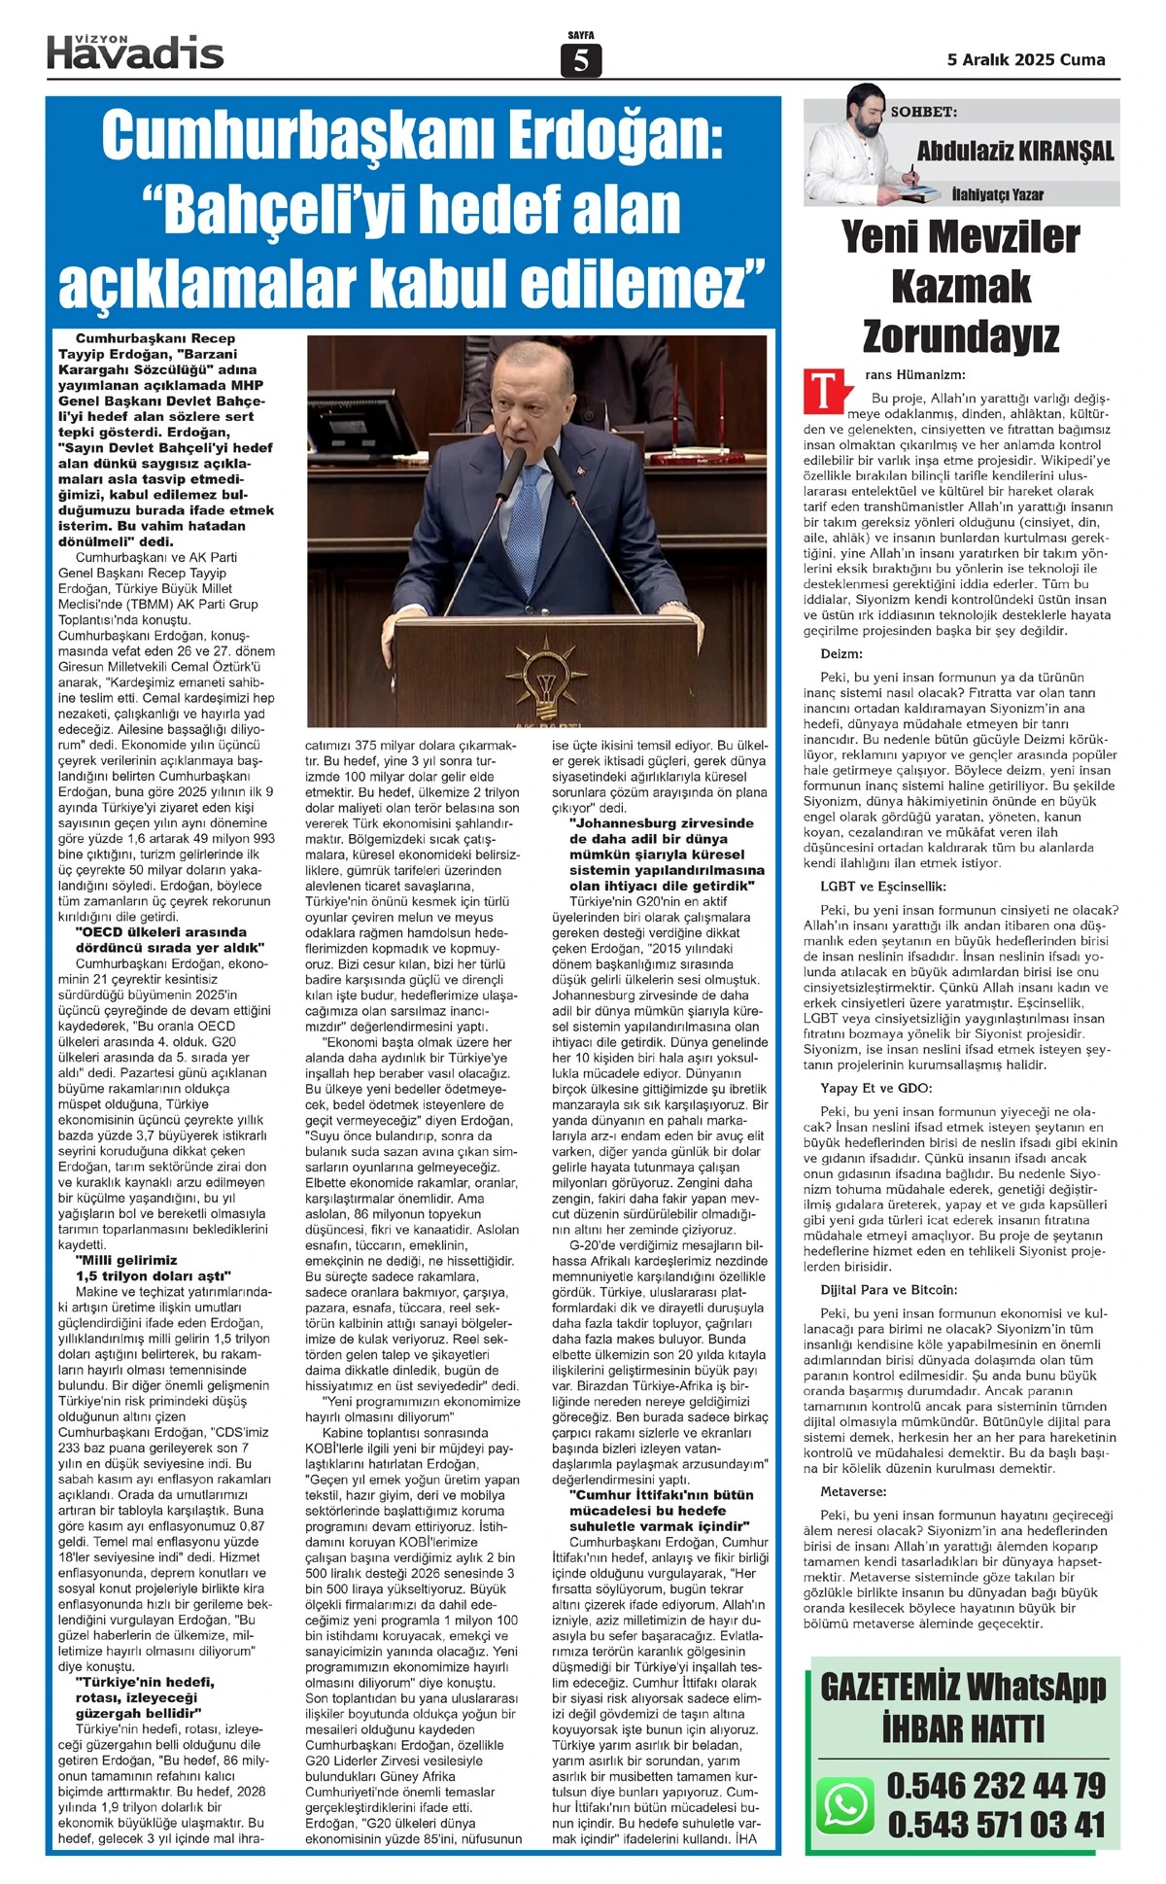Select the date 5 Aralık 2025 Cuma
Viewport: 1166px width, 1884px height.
[x=1026, y=59]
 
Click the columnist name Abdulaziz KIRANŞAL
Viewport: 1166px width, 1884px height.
[x=1015, y=151]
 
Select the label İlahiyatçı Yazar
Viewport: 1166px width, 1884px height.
[x=997, y=194]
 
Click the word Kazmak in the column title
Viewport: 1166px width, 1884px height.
[x=960, y=287]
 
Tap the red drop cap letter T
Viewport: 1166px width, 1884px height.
[x=821, y=390]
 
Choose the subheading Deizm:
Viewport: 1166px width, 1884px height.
[x=841, y=654]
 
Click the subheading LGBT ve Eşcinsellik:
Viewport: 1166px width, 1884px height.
[x=882, y=887]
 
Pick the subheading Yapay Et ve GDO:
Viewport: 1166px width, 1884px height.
[x=875, y=1088]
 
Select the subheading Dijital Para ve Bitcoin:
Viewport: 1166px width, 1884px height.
[x=888, y=1290]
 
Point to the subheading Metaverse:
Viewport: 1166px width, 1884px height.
[x=853, y=1491]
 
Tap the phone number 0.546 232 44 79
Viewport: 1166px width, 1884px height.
[x=996, y=1785]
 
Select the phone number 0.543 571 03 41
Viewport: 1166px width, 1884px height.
[x=996, y=1825]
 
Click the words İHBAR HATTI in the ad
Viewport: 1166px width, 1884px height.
[x=963, y=1728]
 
